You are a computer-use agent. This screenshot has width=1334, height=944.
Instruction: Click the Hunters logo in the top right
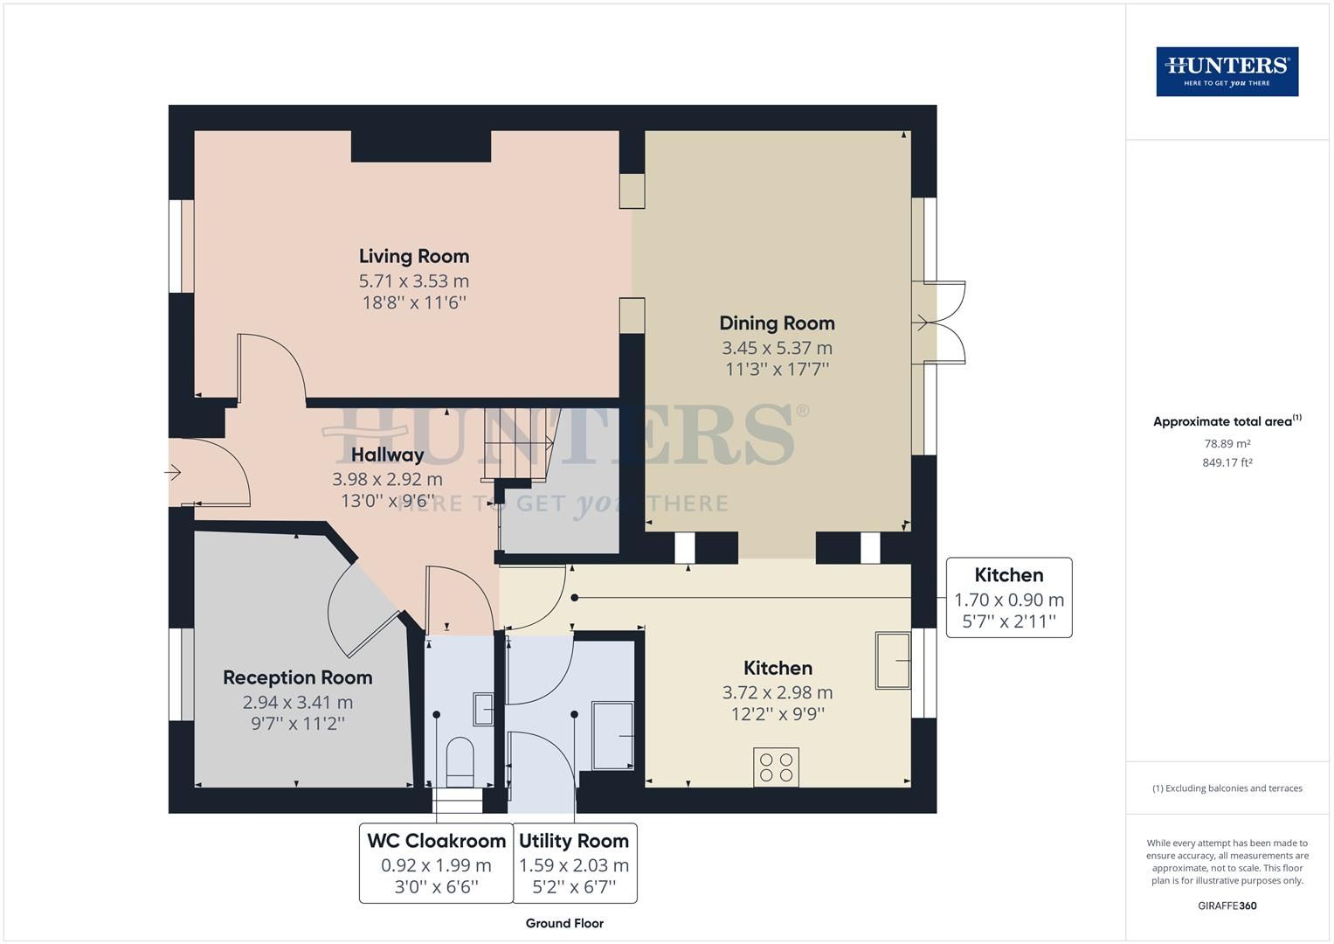click(x=1227, y=72)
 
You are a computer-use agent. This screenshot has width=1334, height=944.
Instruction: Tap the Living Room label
click(x=414, y=256)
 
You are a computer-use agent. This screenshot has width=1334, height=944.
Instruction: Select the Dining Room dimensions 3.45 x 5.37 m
click(x=777, y=348)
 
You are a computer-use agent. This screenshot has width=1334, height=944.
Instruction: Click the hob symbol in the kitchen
click(x=777, y=767)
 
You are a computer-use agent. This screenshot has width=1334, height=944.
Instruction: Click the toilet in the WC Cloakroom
click(x=460, y=759)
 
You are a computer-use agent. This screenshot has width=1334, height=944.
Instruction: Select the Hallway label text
click(x=387, y=455)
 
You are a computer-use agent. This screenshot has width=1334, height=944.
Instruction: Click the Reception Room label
click(x=297, y=677)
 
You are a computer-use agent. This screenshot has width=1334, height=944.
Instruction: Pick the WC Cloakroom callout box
click(x=436, y=863)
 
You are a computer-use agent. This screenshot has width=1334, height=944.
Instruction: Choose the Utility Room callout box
click(x=574, y=863)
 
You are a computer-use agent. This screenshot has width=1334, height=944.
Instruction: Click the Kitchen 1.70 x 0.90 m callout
click(x=1009, y=598)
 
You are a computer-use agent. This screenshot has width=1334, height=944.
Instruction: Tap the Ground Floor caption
click(x=564, y=923)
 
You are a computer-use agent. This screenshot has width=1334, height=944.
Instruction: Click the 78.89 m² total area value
click(x=1227, y=444)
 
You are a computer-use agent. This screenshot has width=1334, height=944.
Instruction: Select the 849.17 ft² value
click(x=1227, y=463)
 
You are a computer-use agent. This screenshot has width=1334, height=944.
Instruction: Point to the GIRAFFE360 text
click(x=1227, y=906)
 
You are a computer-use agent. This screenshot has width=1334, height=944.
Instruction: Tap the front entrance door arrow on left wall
click(x=172, y=473)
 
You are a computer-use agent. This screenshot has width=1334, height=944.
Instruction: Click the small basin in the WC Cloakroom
click(x=483, y=709)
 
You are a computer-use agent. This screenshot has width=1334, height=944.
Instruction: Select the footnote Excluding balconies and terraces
click(x=1227, y=788)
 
